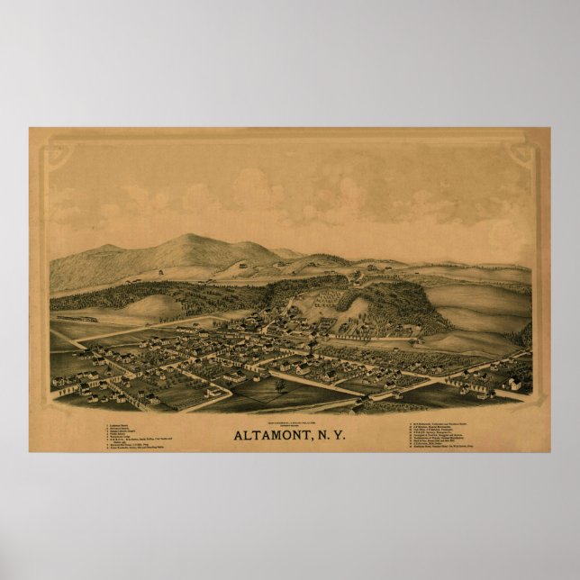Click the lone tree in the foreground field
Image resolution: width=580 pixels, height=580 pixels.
pos(280,385)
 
